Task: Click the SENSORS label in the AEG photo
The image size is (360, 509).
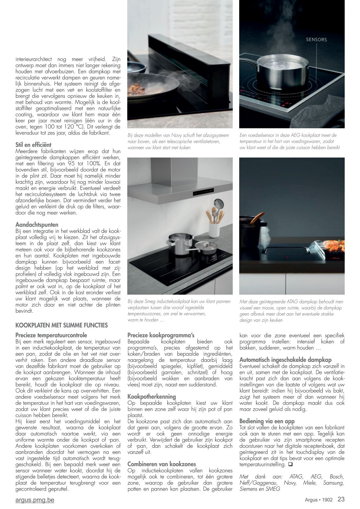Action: (316, 39)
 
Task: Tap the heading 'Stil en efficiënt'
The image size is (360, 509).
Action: (33, 144)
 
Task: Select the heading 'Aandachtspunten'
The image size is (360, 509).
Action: (37, 225)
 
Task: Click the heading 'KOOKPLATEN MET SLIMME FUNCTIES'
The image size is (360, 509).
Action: (62, 325)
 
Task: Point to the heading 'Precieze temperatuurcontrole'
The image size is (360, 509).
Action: (51, 335)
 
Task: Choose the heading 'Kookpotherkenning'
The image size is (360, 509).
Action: (151, 396)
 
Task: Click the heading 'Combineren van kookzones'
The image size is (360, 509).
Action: (162, 464)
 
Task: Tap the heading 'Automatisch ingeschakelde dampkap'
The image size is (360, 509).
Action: (285, 360)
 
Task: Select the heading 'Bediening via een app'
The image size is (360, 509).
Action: (267, 421)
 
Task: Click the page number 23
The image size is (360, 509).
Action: (341, 499)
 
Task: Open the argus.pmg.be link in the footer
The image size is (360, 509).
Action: (35, 500)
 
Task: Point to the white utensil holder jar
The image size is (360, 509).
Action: (214, 230)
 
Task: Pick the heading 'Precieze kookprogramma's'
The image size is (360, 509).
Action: (161, 335)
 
